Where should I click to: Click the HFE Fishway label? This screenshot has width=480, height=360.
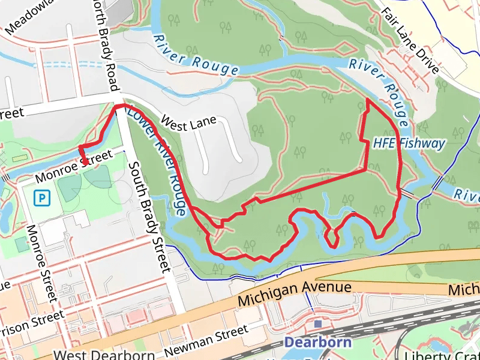point(409,143)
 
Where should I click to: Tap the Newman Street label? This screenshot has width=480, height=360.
point(207,340)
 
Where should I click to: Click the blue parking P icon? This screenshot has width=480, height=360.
point(41,196)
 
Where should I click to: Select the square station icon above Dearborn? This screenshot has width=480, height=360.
point(318,324)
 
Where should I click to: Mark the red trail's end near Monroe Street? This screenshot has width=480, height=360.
point(85,163)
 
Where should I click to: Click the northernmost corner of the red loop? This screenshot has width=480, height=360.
point(367,100)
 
